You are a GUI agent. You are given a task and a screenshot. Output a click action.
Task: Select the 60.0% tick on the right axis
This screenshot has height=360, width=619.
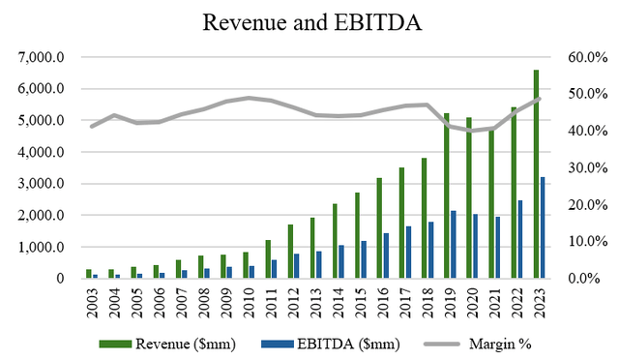coord(586,57)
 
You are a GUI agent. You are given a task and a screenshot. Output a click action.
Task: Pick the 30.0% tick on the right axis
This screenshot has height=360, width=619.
coord(586,167)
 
